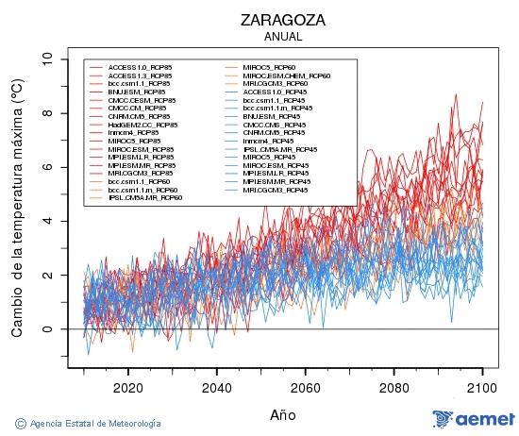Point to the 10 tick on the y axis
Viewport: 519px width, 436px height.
48,59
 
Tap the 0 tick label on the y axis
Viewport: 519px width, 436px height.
48,329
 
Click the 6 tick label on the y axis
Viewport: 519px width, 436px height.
48,167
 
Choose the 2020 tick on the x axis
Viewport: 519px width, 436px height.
127,387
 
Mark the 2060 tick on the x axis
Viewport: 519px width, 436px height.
305,387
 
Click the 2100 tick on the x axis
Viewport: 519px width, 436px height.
482,387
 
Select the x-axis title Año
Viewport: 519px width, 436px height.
282,413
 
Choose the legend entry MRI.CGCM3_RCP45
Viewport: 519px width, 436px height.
275,190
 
